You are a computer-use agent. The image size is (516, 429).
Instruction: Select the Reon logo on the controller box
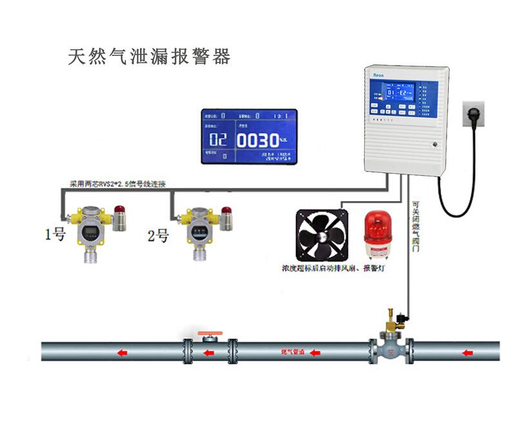[379, 75]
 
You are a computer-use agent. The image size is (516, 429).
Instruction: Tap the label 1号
[55, 236]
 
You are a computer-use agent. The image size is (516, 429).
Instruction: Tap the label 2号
[159, 236]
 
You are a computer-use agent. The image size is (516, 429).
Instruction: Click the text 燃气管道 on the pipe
[292, 352]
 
